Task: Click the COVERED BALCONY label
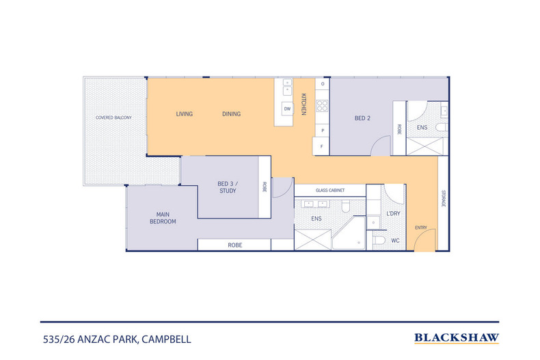coord(113,117)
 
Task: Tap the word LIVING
coord(185,114)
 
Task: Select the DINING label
coord(232,114)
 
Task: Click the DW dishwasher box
coord(287,109)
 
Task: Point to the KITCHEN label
coord(303,105)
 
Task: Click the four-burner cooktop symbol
coord(323,106)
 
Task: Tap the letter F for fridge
coord(322,147)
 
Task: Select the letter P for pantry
coord(323,130)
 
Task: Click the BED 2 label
coord(362,118)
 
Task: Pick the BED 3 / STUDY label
coord(228,187)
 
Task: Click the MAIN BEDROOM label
coord(163,218)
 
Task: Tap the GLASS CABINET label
coord(330,191)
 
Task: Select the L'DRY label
coord(393,214)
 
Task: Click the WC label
coord(395,240)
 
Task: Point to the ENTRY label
coord(421,227)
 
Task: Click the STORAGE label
coord(443,199)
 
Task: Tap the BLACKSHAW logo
coord(457,338)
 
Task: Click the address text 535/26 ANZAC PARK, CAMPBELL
coord(117,340)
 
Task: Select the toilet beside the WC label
coord(379,240)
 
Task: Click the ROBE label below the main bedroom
coord(235,245)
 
